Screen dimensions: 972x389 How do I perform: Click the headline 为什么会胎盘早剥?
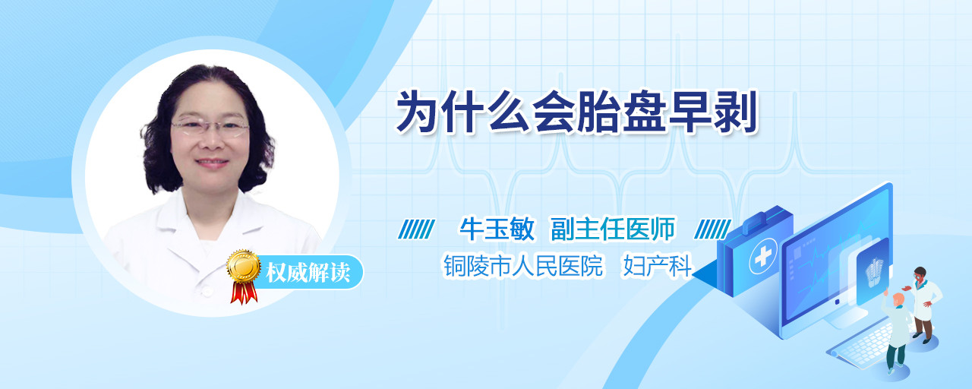[577, 112]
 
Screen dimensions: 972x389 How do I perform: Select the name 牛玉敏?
[497, 229]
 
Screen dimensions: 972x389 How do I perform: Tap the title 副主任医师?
[613, 229]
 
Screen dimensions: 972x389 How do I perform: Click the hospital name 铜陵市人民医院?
[523, 266]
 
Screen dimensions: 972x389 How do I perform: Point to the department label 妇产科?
[658, 266]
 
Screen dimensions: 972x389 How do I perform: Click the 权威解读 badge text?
[308, 273]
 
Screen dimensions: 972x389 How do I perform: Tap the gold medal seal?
[244, 266]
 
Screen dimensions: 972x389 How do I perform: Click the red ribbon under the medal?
[244, 293]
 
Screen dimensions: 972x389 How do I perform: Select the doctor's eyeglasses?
[210, 127]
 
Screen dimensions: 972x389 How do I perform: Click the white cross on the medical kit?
[762, 257]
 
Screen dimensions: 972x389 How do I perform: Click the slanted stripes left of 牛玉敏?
[417, 229]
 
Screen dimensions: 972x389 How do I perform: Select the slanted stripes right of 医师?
[713, 229]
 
